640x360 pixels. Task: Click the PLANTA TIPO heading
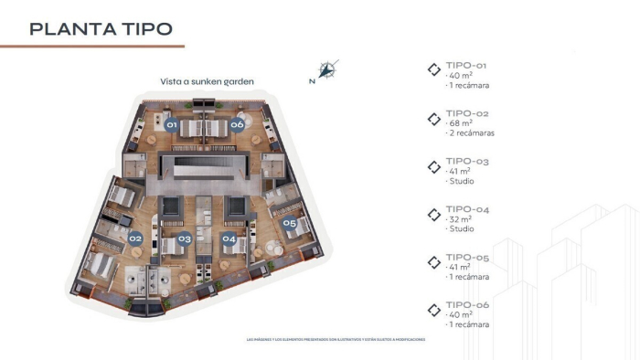[x=101, y=28]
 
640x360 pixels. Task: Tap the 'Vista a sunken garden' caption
[x=207, y=80]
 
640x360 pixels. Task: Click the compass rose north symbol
[x=329, y=69]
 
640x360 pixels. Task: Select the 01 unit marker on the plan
[x=171, y=124]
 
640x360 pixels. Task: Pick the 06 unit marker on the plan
[x=237, y=124]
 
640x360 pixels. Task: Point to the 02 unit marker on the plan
[x=135, y=238]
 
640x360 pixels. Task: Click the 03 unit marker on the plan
[x=184, y=239]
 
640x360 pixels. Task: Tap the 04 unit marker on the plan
[x=229, y=239]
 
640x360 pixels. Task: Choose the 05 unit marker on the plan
[x=289, y=222]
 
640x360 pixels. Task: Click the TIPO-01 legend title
[x=467, y=66]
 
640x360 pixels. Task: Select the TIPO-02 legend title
[x=467, y=113]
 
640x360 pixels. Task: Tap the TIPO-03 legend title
[x=467, y=162]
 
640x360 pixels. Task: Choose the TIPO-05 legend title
[x=467, y=257]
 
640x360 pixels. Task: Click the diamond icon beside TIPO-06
[x=434, y=309]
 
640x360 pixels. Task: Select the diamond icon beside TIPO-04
[x=434, y=214]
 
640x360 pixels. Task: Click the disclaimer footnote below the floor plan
[x=336, y=339]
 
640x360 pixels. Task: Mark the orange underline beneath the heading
[x=91, y=46]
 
